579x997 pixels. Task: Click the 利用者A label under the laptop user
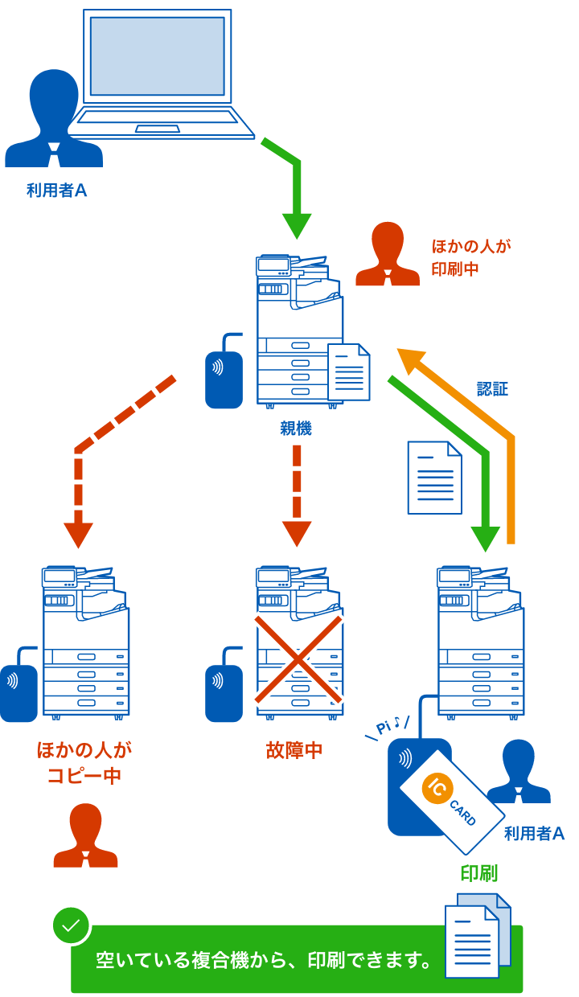[56, 191]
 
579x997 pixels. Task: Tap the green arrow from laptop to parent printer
[297, 201]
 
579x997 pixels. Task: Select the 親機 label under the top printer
[296, 429]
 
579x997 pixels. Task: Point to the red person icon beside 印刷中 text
[388, 255]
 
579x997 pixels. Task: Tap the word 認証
[492, 389]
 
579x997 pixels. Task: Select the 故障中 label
[294, 751]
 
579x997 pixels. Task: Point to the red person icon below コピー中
[85, 835]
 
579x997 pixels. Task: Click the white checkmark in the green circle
[72, 925]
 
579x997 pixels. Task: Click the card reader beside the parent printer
[223, 374]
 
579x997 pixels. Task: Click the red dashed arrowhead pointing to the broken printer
[297, 533]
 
